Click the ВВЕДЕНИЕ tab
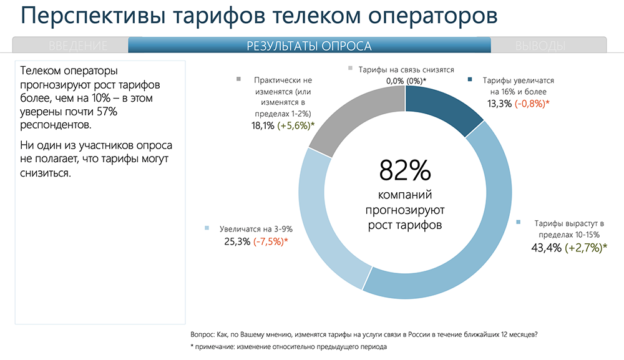[x=78, y=46]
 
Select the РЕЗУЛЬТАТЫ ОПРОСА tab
[x=310, y=46]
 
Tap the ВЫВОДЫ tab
[x=540, y=46]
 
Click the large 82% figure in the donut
[x=404, y=169]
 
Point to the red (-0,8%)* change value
[x=532, y=103]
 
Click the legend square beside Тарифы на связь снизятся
[x=351, y=69]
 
